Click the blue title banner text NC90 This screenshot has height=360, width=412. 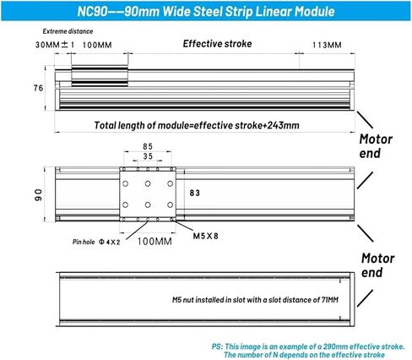click(x=92, y=12)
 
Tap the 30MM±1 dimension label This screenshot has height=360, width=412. click(x=55, y=45)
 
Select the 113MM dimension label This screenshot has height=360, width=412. click(x=327, y=45)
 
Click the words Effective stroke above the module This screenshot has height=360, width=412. click(x=217, y=44)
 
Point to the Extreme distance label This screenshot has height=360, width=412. click(x=68, y=31)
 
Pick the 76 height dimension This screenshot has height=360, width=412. click(x=38, y=88)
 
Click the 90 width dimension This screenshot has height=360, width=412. click(x=38, y=195)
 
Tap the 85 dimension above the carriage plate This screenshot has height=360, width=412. click(x=148, y=146)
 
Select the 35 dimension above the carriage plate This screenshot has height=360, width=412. click(x=148, y=156)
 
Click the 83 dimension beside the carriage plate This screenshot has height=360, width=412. click(x=195, y=193)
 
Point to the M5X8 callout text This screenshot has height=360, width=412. click(x=205, y=236)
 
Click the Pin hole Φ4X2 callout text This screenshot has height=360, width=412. click(x=96, y=242)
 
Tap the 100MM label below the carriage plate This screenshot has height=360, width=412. click(x=154, y=242)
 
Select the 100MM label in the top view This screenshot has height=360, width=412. click(x=97, y=45)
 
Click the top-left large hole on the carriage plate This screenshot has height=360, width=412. click(x=126, y=183)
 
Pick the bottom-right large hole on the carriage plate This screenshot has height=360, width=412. click(x=170, y=205)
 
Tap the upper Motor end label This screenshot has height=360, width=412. click(x=376, y=146)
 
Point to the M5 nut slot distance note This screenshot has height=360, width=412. click(x=255, y=300)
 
